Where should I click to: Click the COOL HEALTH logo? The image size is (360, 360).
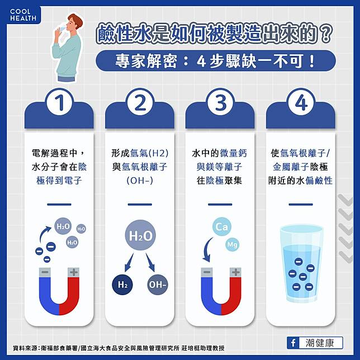(23, 15)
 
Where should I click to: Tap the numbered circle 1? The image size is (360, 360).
(59, 102)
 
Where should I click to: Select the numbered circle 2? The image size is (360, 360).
(140, 102)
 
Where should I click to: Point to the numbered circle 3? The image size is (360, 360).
(220, 102)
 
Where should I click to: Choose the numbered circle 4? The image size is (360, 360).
(301, 102)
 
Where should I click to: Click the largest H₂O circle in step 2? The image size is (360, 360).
(140, 235)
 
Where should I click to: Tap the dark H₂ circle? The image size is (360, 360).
(122, 285)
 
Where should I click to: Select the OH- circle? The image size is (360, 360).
(158, 285)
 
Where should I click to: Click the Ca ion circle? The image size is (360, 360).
(222, 227)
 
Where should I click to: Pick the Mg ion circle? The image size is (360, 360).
(233, 244)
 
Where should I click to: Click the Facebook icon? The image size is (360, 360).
(293, 343)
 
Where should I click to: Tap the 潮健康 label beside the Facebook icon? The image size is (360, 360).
(320, 343)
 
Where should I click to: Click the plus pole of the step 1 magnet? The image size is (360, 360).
(73, 273)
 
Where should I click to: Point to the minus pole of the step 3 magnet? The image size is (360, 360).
(207, 273)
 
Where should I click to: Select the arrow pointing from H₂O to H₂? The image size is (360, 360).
(129, 263)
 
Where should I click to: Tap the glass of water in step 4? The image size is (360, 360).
(301, 264)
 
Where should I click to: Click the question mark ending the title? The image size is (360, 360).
(326, 35)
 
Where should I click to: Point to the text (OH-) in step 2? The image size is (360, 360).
(140, 181)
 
